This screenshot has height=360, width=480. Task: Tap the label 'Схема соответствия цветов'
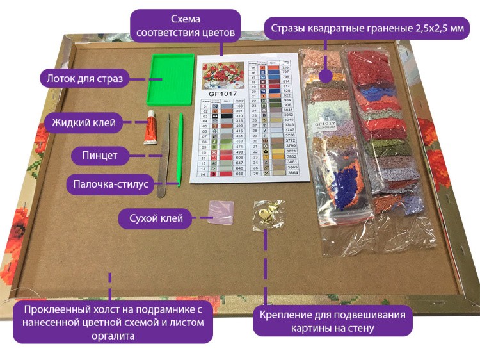[185, 24]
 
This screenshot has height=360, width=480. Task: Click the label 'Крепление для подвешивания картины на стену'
[332, 322]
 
